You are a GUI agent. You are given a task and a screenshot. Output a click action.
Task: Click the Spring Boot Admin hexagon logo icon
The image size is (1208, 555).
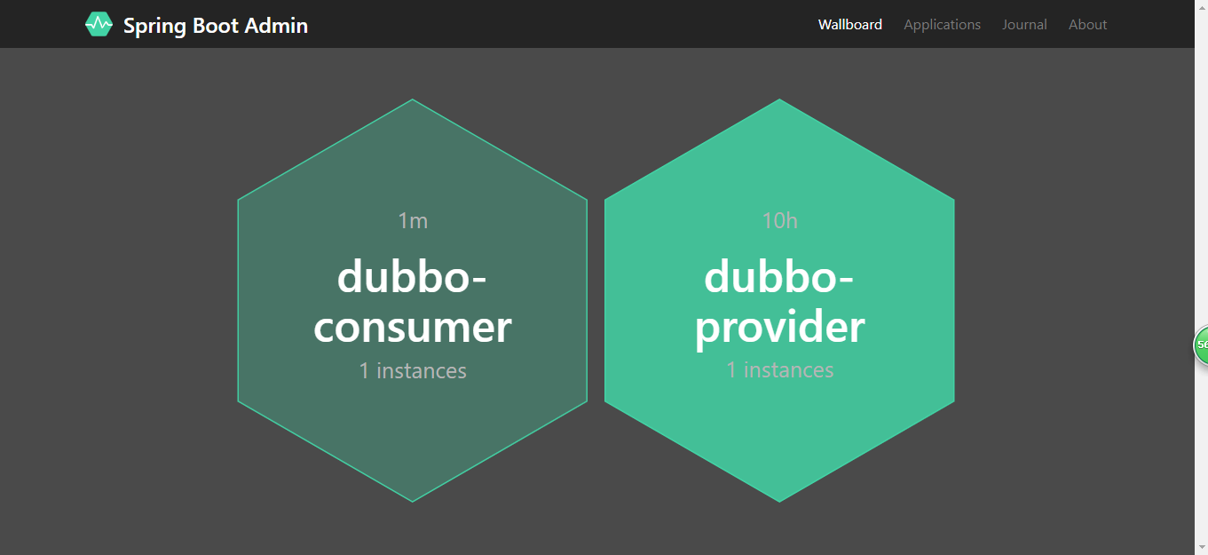99,24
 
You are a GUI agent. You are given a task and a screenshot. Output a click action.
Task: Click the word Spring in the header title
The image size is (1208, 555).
154,26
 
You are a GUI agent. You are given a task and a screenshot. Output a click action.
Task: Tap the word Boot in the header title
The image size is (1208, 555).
215,26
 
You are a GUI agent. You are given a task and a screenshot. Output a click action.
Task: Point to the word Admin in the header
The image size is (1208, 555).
276,26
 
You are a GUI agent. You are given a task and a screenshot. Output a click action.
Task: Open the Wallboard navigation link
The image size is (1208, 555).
850,24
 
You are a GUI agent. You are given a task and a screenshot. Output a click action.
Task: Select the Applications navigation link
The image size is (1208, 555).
942,25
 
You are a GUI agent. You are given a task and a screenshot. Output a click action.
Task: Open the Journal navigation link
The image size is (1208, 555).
1024,24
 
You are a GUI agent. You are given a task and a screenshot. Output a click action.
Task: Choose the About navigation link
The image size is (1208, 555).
1088,24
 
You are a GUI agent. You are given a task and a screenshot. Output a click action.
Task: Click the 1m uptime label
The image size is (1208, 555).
413,220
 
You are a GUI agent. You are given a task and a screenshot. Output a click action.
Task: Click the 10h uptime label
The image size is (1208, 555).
780,220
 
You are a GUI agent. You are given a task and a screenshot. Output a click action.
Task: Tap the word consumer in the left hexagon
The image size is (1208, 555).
413,328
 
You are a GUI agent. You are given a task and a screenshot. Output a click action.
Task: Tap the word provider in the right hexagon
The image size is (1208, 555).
780,327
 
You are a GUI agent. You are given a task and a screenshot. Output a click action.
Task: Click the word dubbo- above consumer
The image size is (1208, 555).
412,277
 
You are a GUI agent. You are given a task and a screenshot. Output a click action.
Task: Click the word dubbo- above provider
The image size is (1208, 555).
778,277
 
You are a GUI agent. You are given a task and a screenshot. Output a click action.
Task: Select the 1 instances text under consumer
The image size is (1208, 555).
413,371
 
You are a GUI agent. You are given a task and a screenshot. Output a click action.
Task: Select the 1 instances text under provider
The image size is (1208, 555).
780,370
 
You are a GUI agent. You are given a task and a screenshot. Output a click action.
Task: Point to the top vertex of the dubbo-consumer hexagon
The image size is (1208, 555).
413,99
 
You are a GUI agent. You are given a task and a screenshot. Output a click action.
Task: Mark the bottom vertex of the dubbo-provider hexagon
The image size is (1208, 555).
779,502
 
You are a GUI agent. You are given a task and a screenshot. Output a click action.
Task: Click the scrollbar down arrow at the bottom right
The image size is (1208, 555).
1201,548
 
